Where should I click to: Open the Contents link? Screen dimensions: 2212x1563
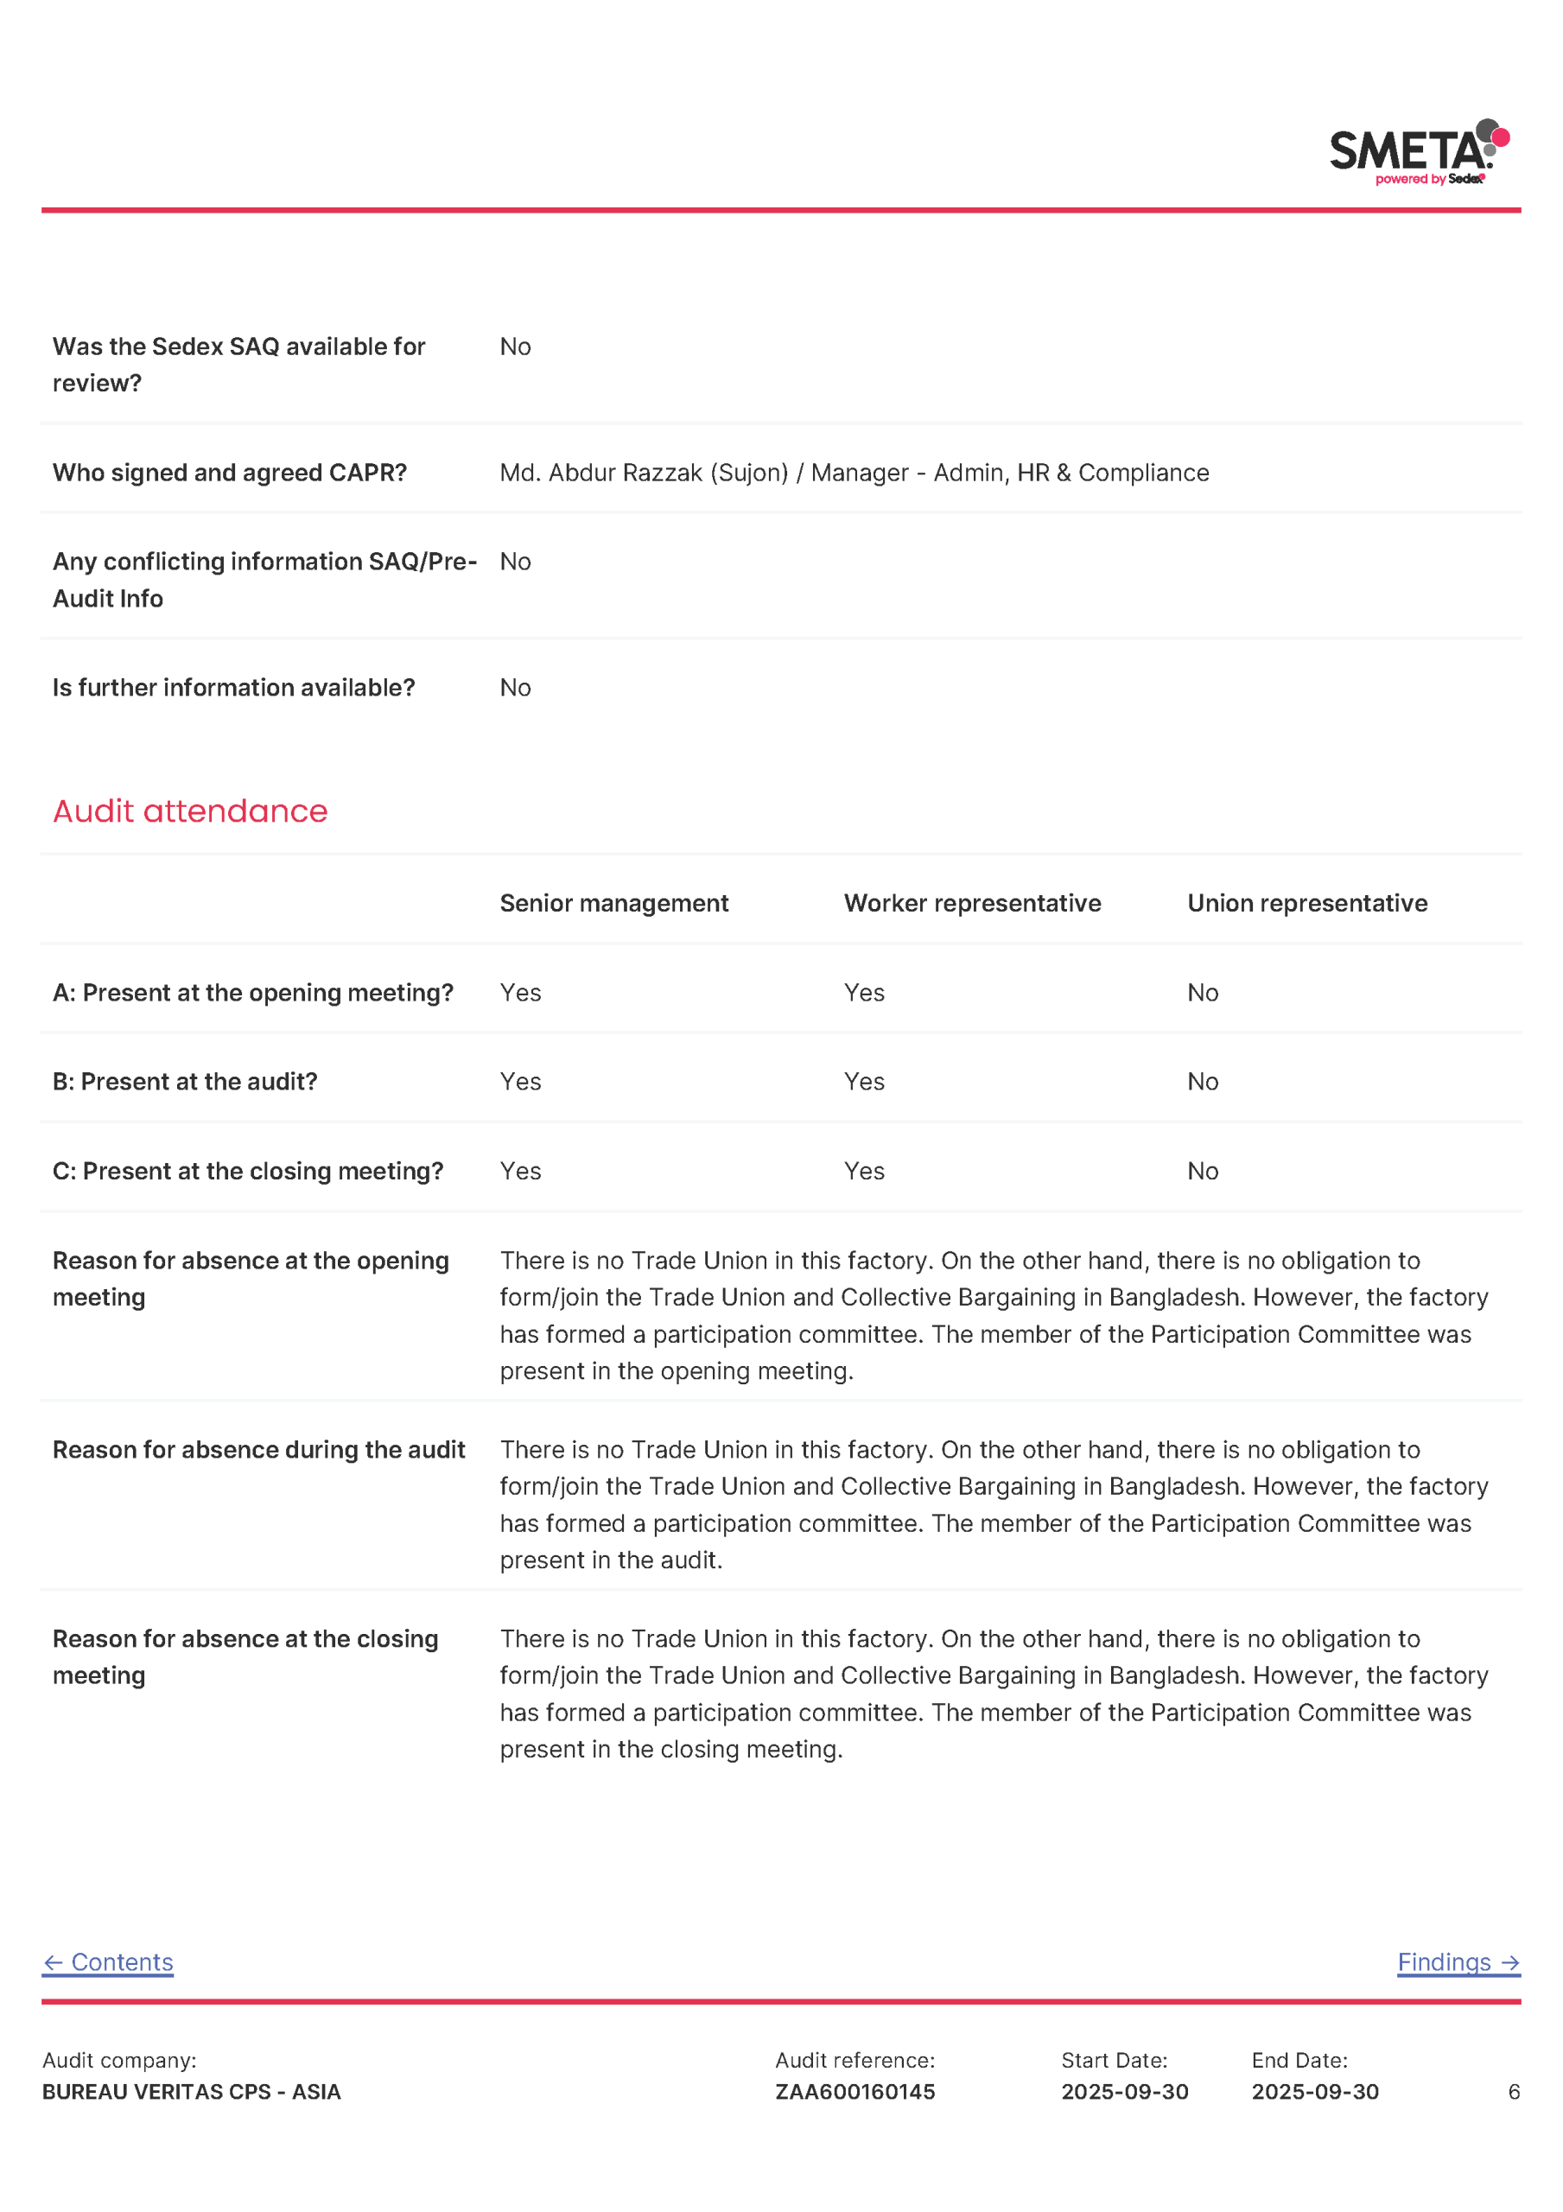(x=108, y=1962)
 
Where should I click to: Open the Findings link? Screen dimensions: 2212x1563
(x=1457, y=1962)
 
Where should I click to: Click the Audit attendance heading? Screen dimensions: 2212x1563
(x=190, y=811)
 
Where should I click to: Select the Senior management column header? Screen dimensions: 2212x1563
(x=613, y=903)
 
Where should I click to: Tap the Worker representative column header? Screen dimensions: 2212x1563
(x=971, y=903)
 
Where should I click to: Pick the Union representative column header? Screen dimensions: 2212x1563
(x=1306, y=903)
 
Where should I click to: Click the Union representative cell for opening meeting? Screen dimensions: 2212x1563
(x=1202, y=992)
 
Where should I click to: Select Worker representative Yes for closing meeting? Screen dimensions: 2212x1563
(x=863, y=1171)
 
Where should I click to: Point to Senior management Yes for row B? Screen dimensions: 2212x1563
(x=520, y=1081)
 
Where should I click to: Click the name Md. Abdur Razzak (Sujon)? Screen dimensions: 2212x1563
(x=644, y=472)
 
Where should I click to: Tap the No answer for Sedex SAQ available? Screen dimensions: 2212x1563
(x=516, y=346)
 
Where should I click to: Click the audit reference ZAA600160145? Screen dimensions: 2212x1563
(x=855, y=2092)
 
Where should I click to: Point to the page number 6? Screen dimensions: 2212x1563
(x=1513, y=2092)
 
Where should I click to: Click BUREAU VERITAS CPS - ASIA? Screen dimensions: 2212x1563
(x=191, y=2092)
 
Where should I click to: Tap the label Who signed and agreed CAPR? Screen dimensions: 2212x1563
(x=229, y=472)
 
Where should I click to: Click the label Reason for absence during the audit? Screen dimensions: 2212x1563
(x=258, y=1449)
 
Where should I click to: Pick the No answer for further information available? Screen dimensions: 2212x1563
(x=516, y=687)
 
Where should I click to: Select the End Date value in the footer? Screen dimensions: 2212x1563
(x=1314, y=2092)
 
